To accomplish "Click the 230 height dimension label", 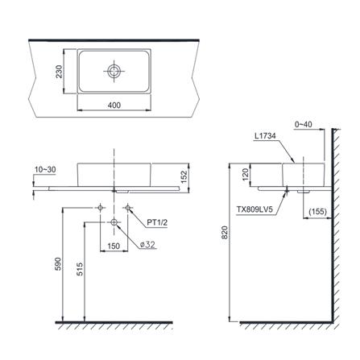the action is click(x=59, y=72).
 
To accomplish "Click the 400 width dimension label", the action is click(x=114, y=106).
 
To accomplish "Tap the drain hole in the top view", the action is click(x=114, y=71).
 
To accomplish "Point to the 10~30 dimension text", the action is click(x=45, y=170).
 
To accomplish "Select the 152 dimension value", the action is click(x=184, y=177).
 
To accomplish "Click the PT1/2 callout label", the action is click(x=157, y=222).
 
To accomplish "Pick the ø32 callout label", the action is click(x=147, y=245).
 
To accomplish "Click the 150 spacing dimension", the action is click(x=114, y=246).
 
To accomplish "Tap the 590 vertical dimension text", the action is click(x=58, y=264).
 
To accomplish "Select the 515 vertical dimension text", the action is click(x=80, y=269).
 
